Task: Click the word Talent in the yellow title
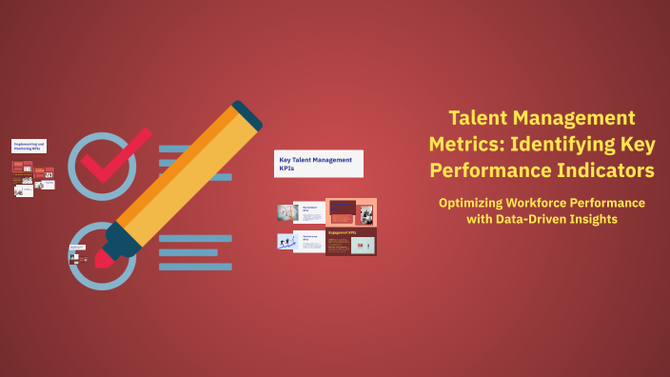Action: pos(478,119)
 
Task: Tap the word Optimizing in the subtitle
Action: pos(476,203)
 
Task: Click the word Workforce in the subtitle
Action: pos(552,203)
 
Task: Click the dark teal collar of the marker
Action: pos(119,239)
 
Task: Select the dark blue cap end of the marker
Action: pos(246,113)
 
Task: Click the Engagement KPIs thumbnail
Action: pos(350,242)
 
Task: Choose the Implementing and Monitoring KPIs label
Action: pos(29,147)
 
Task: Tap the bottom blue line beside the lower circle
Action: pos(195,267)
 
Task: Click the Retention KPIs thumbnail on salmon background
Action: pos(350,211)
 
